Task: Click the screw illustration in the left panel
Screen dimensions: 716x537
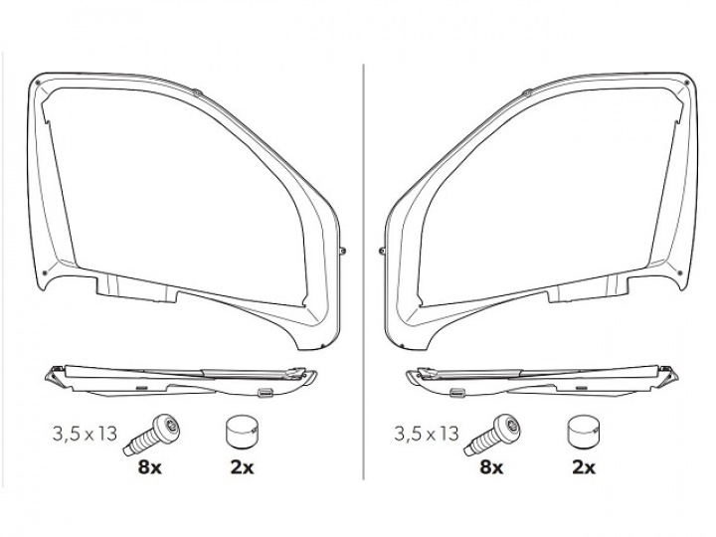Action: [x=153, y=434]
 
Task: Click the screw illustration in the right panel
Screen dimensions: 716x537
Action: [x=494, y=434]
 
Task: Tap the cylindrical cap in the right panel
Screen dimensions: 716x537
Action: [x=583, y=431]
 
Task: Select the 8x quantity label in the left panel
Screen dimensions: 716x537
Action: [x=150, y=467]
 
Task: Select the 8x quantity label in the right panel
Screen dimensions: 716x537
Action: [x=491, y=467]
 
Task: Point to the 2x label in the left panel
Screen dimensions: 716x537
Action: [x=242, y=467]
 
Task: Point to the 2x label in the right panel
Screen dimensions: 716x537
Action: [x=583, y=467]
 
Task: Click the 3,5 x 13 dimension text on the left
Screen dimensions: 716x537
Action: [x=85, y=434]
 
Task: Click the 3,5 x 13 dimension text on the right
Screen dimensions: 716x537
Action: [x=427, y=434]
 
